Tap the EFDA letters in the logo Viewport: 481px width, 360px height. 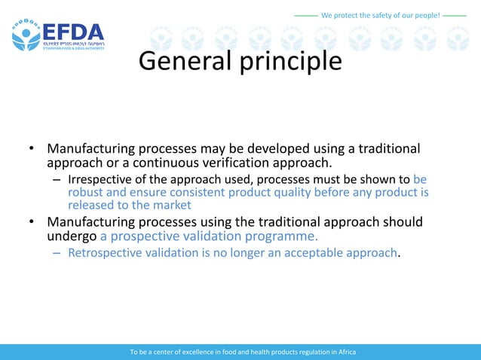[x=72, y=33]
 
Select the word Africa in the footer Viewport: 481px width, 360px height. [x=345, y=352]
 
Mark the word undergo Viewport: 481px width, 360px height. [x=72, y=236]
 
